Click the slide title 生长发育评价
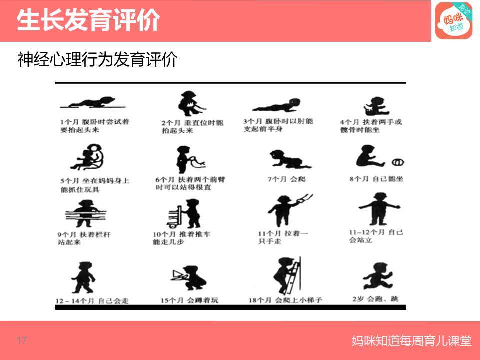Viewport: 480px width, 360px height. [x=88, y=21]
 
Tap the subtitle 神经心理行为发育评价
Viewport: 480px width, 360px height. [x=97, y=60]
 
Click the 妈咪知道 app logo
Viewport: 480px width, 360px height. [x=453, y=21]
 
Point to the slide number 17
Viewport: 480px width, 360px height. [x=21, y=341]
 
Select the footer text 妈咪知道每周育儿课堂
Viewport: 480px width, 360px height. [x=411, y=341]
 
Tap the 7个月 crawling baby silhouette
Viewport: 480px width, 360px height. [x=289, y=159]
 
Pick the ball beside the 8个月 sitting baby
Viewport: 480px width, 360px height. [x=398, y=162]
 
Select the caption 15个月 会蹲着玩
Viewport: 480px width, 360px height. [x=189, y=300]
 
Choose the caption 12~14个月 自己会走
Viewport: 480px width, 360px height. [x=93, y=301]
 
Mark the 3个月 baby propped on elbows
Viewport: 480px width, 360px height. [x=277, y=105]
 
